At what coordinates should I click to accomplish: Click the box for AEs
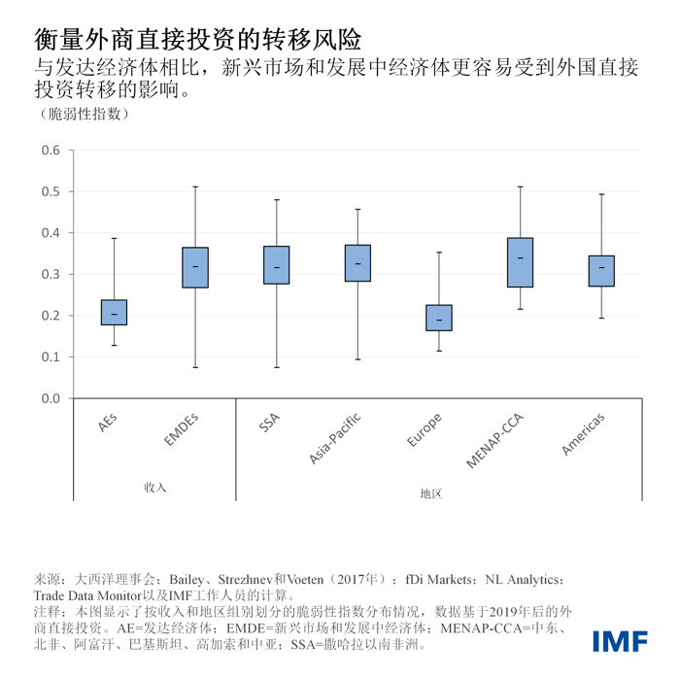coord(114,312)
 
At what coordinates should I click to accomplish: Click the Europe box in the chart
coord(439,318)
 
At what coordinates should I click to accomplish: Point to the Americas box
coord(601,271)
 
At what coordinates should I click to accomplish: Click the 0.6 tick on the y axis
coord(51,151)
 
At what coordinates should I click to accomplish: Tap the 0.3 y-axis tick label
coord(51,274)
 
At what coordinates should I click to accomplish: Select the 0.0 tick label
coord(51,398)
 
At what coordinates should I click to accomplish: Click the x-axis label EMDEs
coord(182,430)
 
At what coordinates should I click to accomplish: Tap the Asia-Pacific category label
coord(336,438)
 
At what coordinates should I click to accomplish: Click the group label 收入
coord(155,487)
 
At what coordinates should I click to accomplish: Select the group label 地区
coord(431,493)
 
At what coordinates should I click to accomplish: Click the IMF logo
coord(623,641)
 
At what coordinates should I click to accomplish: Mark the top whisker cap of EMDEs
coord(195,186)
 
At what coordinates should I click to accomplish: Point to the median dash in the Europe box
coord(439,320)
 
